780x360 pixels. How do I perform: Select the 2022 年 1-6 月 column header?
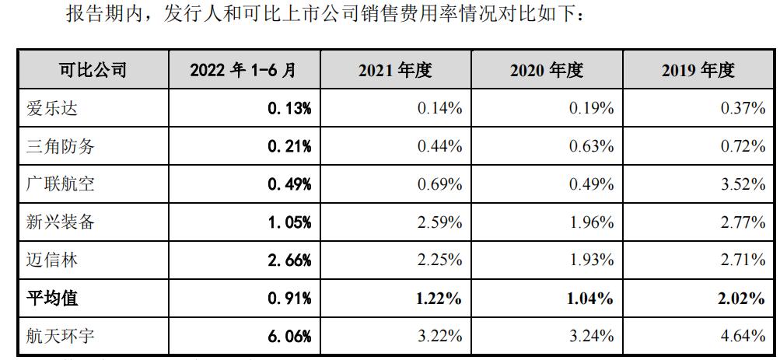click(x=243, y=70)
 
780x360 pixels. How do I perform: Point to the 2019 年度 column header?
click(x=698, y=70)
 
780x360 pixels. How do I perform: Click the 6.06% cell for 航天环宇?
click(x=289, y=336)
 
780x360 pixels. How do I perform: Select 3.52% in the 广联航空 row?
click(x=743, y=184)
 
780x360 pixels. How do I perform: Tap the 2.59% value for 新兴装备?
click(x=440, y=222)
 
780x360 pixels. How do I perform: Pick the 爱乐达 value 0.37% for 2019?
click(x=743, y=108)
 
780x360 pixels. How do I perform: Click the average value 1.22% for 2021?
click(x=439, y=298)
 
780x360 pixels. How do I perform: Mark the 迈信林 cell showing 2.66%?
click(x=289, y=260)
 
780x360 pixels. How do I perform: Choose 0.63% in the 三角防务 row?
click(x=592, y=146)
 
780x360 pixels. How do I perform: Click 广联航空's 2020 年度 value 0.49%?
click(x=592, y=184)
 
